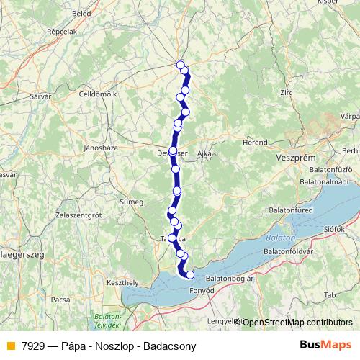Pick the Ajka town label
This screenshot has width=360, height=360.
coord(204,154)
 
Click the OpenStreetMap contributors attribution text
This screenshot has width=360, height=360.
coord(297,322)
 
